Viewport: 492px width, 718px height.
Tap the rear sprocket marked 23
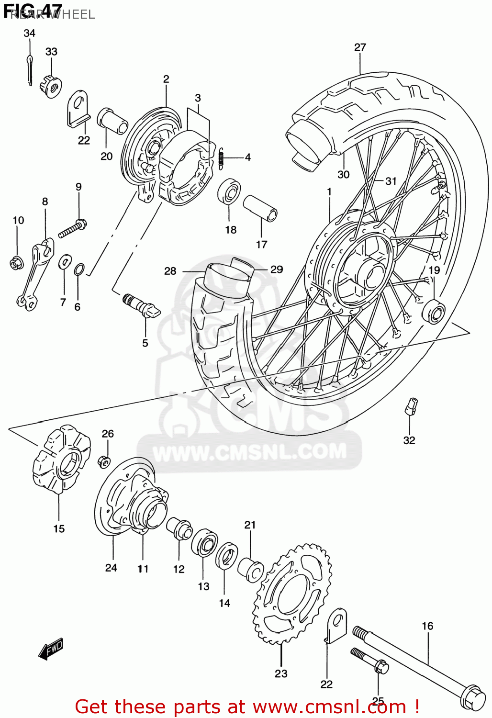click(x=292, y=594)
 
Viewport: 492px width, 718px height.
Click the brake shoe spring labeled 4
click(x=221, y=157)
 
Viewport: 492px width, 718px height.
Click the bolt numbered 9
click(x=72, y=228)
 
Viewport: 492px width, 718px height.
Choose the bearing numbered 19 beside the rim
click(x=434, y=311)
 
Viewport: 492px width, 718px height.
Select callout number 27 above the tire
click(x=360, y=47)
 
